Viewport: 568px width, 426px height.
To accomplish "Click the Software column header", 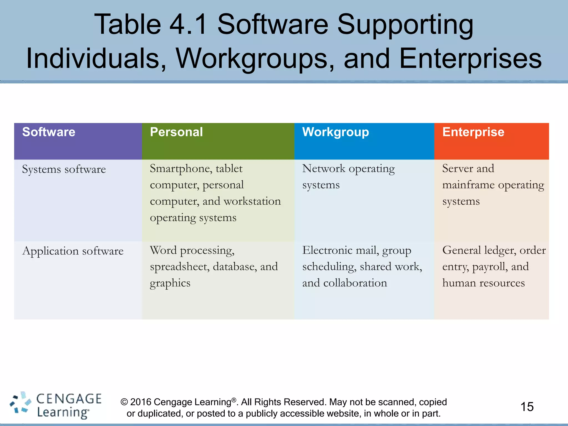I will click(49, 132).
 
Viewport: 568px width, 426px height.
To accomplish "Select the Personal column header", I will click(176, 132).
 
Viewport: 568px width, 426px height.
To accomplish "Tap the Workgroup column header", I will click(336, 132).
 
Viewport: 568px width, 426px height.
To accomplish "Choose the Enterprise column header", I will click(473, 132).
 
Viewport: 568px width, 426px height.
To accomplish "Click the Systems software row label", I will click(64, 169).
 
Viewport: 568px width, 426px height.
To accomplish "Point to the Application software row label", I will click(73, 251).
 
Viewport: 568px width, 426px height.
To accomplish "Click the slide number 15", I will click(527, 407).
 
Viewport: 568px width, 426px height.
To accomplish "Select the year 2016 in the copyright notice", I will click(141, 402).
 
